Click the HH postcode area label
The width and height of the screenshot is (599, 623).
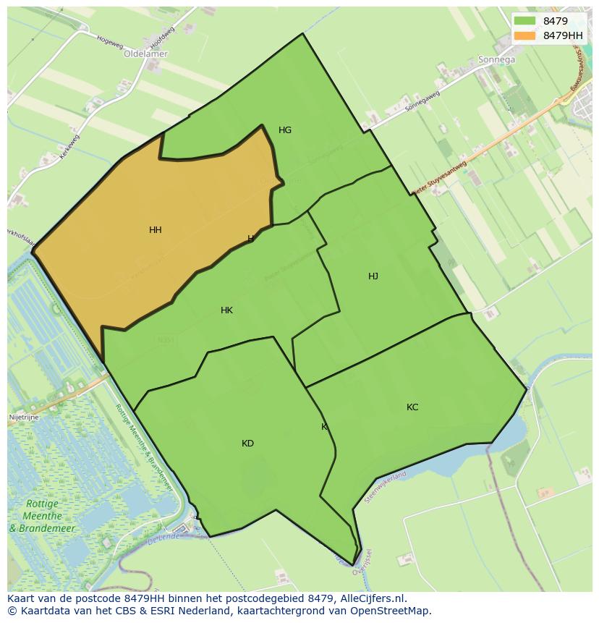[x=155, y=230]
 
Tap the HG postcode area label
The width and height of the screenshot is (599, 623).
[x=285, y=130]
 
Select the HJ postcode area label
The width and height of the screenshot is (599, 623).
[x=373, y=276]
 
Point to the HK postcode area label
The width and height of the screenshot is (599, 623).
[x=226, y=310]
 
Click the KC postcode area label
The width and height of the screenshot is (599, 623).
[x=412, y=407]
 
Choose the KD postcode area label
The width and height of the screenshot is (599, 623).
[x=247, y=444]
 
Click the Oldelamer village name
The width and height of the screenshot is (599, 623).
[x=145, y=54]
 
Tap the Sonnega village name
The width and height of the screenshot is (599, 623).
[x=496, y=60]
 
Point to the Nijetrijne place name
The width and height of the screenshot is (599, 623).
[x=24, y=418]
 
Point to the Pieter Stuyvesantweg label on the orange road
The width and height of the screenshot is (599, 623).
[x=440, y=178]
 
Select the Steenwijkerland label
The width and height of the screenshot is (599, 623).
[x=386, y=487]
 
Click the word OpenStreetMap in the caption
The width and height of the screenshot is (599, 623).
[x=393, y=611]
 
